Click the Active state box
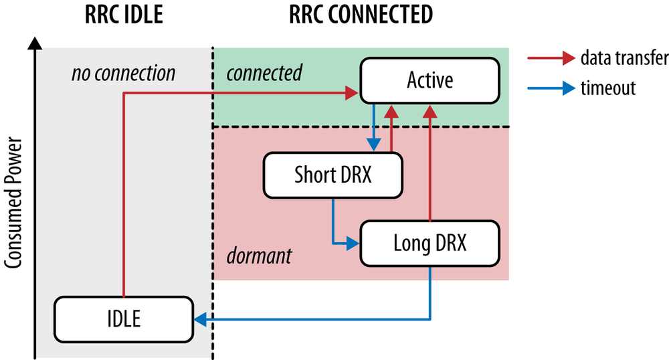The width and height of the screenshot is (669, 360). coord(429,80)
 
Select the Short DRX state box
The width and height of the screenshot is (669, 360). coord(332,175)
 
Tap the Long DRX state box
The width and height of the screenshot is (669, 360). coord(429,244)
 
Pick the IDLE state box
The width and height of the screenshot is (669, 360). coord(123,319)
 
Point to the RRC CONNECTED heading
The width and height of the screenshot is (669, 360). coord(361,14)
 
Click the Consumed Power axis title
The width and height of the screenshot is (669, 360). coord(14,203)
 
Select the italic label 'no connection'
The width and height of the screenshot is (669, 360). coord(123,72)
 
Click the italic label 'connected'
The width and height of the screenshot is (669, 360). coord(264,72)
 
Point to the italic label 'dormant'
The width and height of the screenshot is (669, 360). coord(259,255)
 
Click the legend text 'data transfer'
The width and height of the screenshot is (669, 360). coord(624,59)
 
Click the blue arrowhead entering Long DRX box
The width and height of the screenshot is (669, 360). coord(355,244)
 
